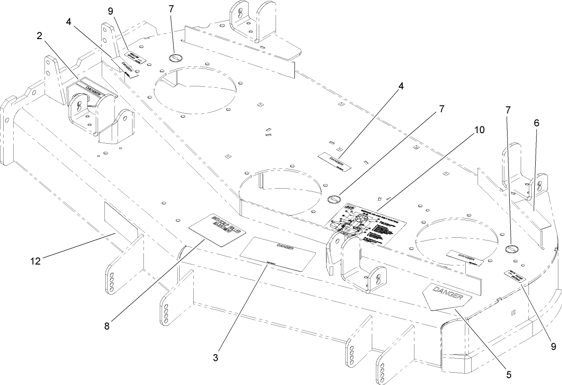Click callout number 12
(35, 261)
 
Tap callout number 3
(216, 358)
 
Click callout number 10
(479, 130)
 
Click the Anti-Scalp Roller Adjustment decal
(217, 230)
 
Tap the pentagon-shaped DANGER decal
(447, 296)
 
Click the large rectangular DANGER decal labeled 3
(277, 254)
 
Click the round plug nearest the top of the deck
(175, 57)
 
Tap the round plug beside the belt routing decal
(334, 199)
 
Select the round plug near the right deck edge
(512, 249)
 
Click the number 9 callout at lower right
(553, 346)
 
